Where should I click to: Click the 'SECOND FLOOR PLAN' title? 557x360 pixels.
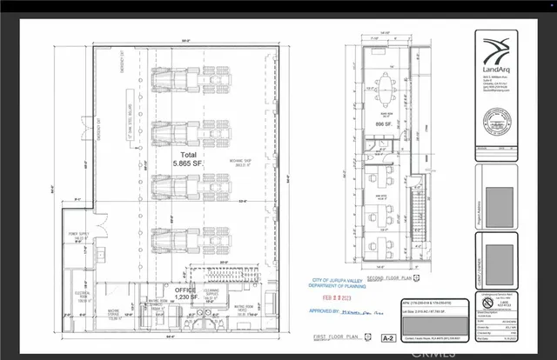click(x=389, y=277)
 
